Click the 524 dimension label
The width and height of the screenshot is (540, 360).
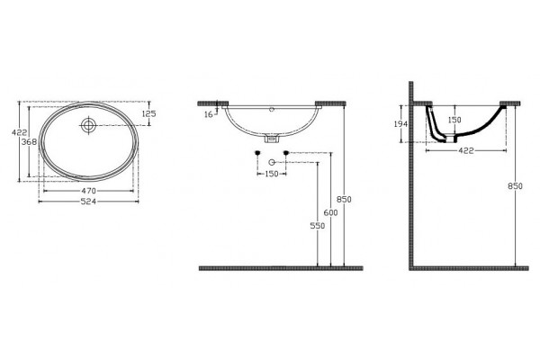pyautogui.click(x=88, y=202)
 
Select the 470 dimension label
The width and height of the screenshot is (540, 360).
pyautogui.click(x=88, y=191)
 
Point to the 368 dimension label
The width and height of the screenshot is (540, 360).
pyautogui.click(x=29, y=142)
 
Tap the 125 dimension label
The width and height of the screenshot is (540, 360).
pyautogui.click(x=148, y=113)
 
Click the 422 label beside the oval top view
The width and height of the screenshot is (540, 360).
pyautogui.click(x=19, y=132)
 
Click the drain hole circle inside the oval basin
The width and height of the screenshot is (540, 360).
pyautogui.click(x=89, y=125)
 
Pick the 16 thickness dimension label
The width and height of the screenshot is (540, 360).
pyautogui.click(x=209, y=114)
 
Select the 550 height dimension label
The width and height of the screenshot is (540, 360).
pyautogui.click(x=318, y=226)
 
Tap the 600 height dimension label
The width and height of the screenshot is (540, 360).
pyautogui.click(x=330, y=213)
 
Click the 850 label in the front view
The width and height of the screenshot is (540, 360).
pyautogui.click(x=344, y=200)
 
